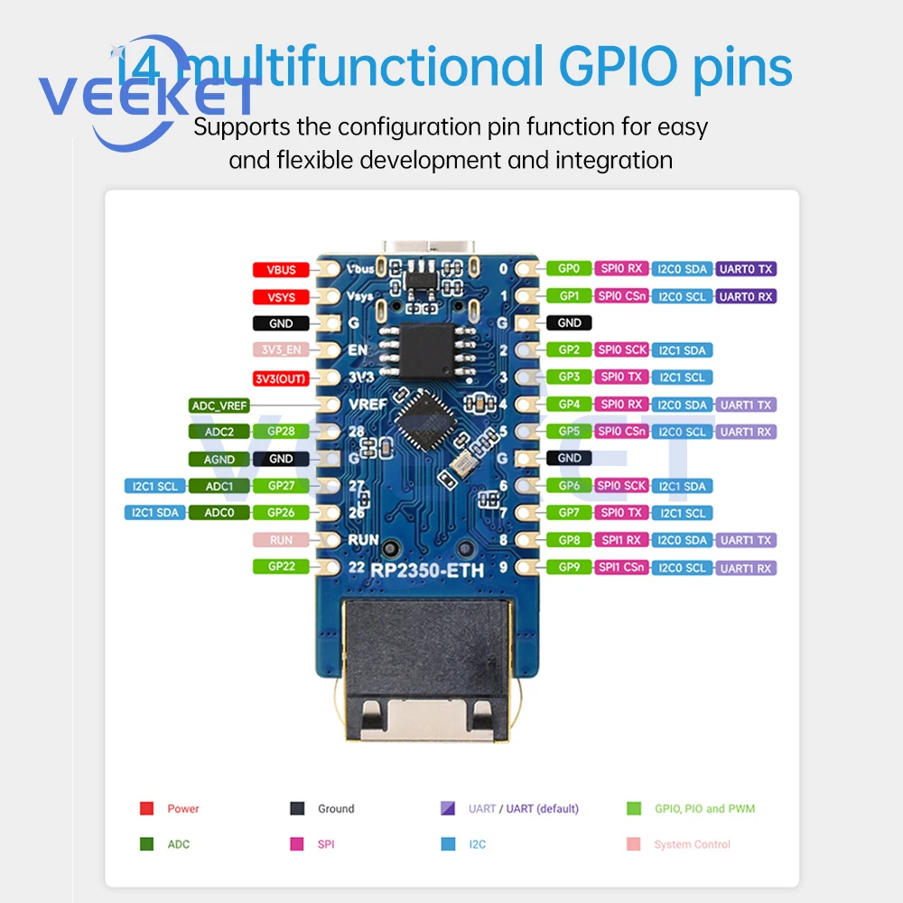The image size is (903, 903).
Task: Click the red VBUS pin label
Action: tap(281, 269)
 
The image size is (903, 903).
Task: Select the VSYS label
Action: tap(281, 296)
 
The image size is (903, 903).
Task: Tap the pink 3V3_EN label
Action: tap(281, 349)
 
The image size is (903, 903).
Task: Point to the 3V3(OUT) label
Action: tap(281, 378)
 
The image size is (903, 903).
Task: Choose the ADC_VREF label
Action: tap(219, 405)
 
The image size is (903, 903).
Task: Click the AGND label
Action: tap(219, 459)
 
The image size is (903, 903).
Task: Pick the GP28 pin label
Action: tap(281, 432)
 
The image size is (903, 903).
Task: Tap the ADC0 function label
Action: tap(219, 513)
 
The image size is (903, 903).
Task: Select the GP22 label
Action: tap(281, 567)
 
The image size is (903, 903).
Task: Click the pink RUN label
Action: tap(281, 540)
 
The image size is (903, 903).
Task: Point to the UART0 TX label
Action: tap(746, 269)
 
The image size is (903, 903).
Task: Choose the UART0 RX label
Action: tap(746, 296)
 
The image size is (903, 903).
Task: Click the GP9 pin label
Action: tap(569, 567)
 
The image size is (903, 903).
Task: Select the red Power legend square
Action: tap(146, 808)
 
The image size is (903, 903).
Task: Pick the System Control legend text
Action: tap(692, 844)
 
